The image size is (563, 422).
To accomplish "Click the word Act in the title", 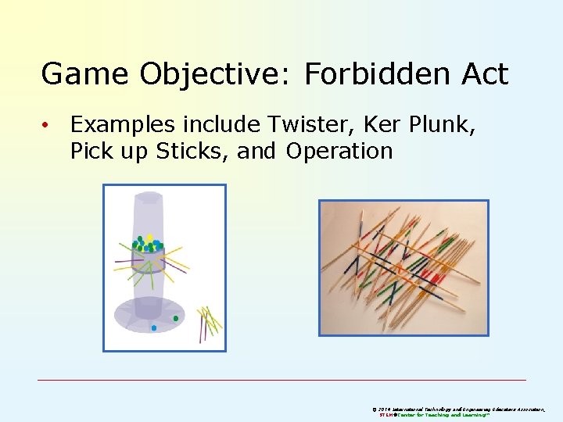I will point(480,74).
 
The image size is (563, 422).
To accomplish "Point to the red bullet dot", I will point(47,124).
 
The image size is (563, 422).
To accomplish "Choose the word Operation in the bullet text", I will point(339,150).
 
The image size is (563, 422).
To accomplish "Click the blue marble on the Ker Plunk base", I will point(154,328).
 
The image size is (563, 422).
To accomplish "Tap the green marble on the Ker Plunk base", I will point(176,318).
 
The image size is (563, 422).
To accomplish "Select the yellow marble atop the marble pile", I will point(149,238).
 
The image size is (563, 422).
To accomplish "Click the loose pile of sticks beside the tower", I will point(209,322).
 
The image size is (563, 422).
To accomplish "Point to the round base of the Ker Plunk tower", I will point(148,314).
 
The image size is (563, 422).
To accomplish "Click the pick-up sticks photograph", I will point(403,267).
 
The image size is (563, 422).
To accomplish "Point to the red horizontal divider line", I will point(281,381).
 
